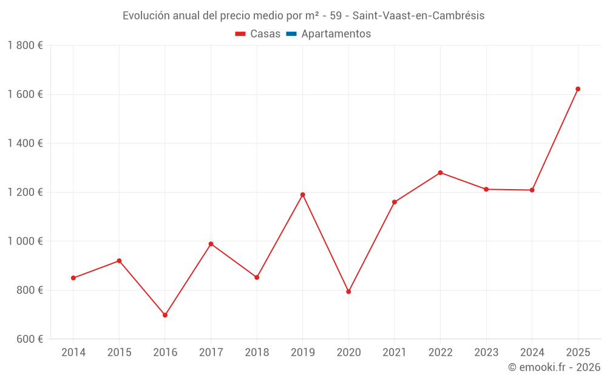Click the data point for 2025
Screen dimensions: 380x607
pyautogui.click(x=578, y=89)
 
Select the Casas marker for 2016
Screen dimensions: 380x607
pyautogui.click(x=165, y=315)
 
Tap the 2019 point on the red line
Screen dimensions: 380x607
pyautogui.click(x=303, y=195)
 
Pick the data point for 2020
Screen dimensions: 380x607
pyautogui.click(x=348, y=291)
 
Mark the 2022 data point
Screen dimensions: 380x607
pyautogui.click(x=440, y=173)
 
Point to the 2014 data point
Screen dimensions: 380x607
pyautogui.click(x=73, y=278)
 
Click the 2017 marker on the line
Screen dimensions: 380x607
pyautogui.click(x=211, y=244)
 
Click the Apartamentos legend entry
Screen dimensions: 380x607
pyautogui.click(x=336, y=34)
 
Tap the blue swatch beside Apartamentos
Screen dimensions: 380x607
pyautogui.click(x=291, y=34)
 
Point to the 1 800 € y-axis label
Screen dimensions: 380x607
pyautogui.click(x=25, y=46)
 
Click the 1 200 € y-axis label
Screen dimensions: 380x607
pyautogui.click(x=25, y=192)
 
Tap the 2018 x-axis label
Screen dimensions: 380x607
pyautogui.click(x=257, y=353)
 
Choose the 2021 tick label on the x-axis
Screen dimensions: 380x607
pyautogui.click(x=395, y=353)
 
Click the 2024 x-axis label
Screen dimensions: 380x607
pyautogui.click(x=532, y=353)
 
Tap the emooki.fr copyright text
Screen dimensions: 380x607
pyautogui.click(x=554, y=367)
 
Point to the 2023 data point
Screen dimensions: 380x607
pyautogui.click(x=486, y=189)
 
